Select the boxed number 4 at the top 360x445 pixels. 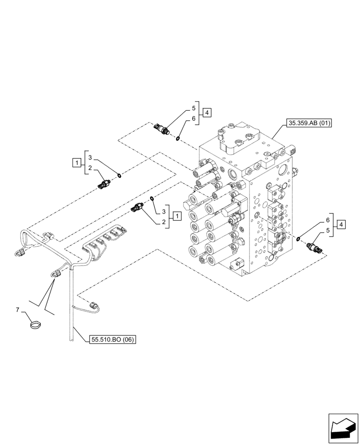click(x=207, y=113)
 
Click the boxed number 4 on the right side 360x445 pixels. click(x=341, y=225)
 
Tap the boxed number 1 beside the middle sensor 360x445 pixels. click(x=177, y=216)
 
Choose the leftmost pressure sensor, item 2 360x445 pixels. click(x=104, y=183)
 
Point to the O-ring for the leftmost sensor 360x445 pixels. click(x=119, y=175)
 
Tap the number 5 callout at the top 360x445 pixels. click(x=194, y=108)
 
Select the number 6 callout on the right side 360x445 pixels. click(x=327, y=220)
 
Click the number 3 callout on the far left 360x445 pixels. click(x=90, y=158)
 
